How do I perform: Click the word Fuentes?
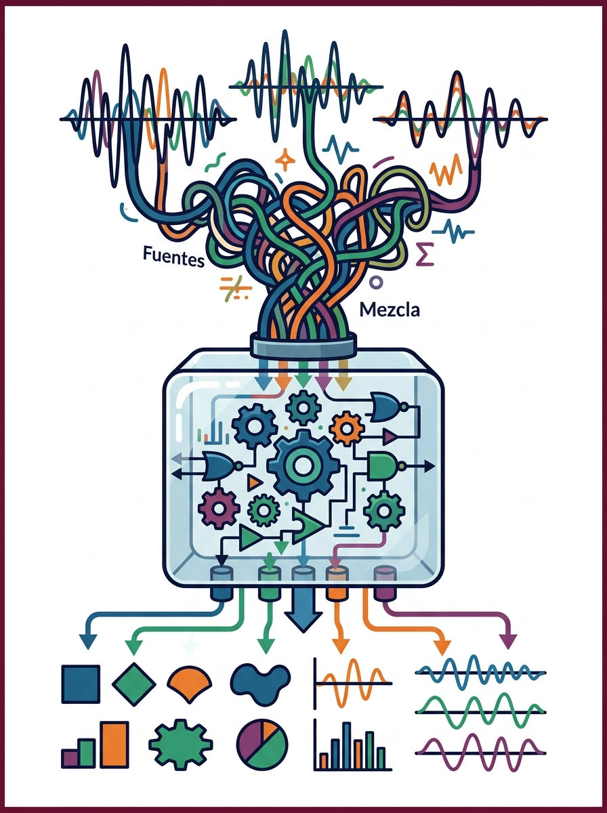point(173,257)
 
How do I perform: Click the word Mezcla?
point(390,310)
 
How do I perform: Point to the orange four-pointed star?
point(285,160)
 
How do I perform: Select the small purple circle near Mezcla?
point(376,283)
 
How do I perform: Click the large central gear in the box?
point(303,466)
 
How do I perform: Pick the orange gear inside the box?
point(347,429)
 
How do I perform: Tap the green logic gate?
point(383,466)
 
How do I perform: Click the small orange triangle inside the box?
point(255,482)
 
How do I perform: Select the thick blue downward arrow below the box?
point(303,610)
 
